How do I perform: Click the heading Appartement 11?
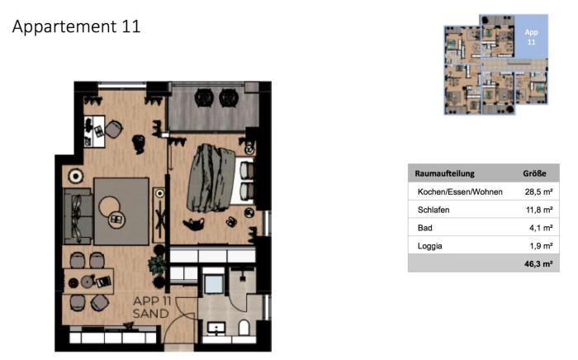[x=76, y=26]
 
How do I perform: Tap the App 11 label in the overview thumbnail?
[x=531, y=37]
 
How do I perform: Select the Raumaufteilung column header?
[x=444, y=173]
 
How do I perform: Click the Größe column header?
[x=534, y=173]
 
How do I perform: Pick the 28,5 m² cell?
[x=538, y=192]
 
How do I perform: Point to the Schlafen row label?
[x=433, y=210]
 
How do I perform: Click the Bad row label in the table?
[x=424, y=228]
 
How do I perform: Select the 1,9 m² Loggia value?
[x=541, y=246]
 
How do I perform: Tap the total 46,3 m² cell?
[x=538, y=264]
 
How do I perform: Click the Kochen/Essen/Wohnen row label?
[x=460, y=192]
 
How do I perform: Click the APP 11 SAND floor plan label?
[x=151, y=307]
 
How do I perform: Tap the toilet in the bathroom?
[x=244, y=328]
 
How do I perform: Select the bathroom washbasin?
[x=216, y=329]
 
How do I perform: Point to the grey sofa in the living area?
[x=78, y=216]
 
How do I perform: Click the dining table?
[x=88, y=282]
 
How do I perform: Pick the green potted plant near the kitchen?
[x=158, y=264]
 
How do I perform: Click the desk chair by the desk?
[x=114, y=130]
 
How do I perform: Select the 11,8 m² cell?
[x=539, y=210]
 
